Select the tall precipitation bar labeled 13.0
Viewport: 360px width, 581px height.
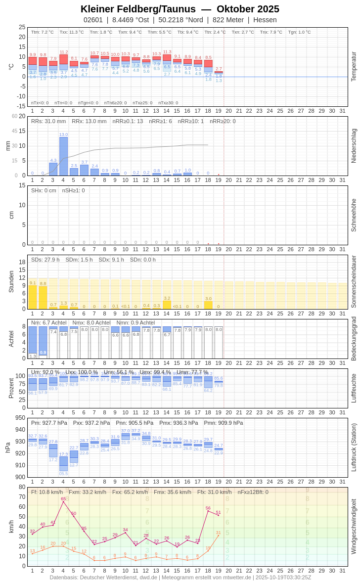pos(63,156)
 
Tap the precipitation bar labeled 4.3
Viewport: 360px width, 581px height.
pos(53,169)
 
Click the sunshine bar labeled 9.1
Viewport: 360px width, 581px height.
pos(33,297)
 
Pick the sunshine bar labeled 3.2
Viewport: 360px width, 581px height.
pos(167,305)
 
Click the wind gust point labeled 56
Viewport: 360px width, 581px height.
pos(208,511)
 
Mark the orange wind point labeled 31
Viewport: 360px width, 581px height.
pos(218,536)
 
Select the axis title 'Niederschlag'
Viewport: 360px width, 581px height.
pos(353,146)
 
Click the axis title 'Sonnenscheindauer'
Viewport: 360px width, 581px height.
pos(353,281)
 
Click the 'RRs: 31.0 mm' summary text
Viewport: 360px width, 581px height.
pos(48,121)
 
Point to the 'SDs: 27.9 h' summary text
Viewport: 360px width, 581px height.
pos(45,260)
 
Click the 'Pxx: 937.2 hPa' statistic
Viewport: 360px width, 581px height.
pos(91,423)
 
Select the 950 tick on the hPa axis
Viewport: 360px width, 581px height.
pos(20,418)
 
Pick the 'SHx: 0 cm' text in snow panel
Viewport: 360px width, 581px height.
pos(44,190)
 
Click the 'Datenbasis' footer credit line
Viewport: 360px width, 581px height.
pos(180,577)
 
